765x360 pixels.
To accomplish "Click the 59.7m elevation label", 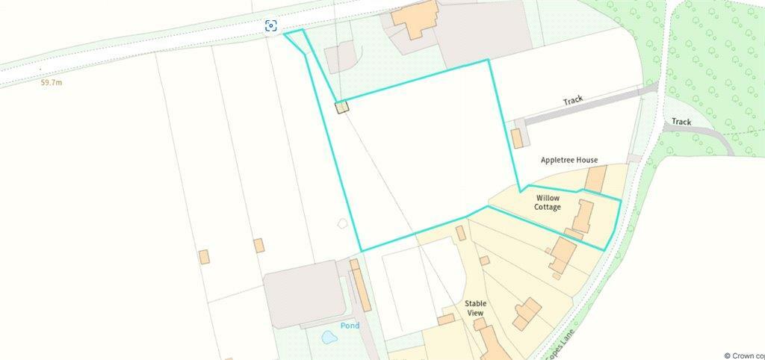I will click(52, 83).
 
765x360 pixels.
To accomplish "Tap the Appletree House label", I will click(569, 160).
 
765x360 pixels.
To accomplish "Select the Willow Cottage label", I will click(547, 202).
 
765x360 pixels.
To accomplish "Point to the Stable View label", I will click(476, 308).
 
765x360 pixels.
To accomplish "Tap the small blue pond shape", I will click(329, 338).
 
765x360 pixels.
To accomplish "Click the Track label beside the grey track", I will click(573, 101).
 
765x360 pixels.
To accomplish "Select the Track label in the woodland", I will click(681, 122).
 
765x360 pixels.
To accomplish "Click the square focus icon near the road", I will click(271, 26).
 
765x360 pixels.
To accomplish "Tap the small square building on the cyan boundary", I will click(341, 108).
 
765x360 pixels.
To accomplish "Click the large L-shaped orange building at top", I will click(413, 19).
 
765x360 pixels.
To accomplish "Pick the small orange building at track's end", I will click(516, 138).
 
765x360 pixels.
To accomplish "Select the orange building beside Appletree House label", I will click(595, 179).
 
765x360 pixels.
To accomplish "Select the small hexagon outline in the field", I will click(343, 223).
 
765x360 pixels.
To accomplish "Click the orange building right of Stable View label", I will click(527, 312).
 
